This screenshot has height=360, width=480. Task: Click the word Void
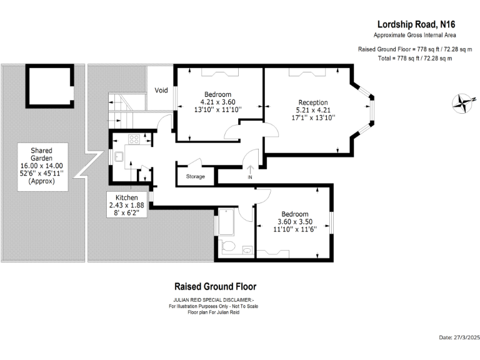click(161, 91)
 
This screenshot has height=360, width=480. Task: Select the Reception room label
click(312, 102)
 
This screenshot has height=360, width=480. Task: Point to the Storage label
click(195, 177)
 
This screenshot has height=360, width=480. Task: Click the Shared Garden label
click(42, 154)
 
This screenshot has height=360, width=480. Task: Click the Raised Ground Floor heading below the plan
click(214, 287)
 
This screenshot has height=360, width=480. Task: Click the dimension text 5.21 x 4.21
click(313, 110)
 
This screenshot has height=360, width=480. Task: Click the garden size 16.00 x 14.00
click(42, 166)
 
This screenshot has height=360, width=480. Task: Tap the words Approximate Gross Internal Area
click(414, 35)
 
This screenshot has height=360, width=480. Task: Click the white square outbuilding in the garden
click(51, 86)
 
